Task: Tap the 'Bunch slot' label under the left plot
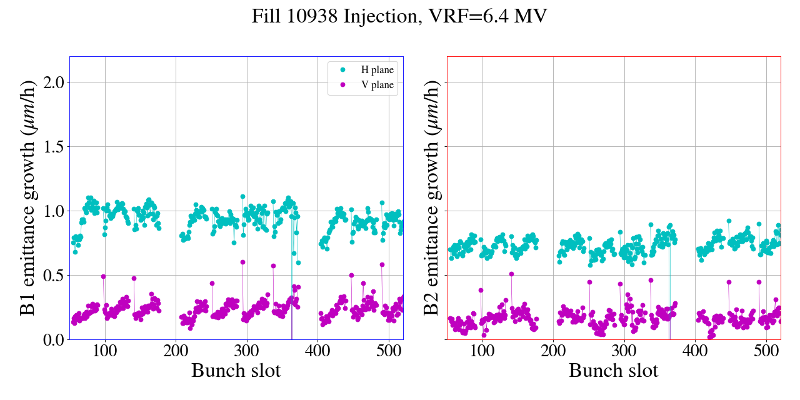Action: coord(236,371)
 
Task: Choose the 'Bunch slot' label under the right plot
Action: coord(614,371)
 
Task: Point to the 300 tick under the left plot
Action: coord(247,350)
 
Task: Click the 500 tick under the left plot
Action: coord(389,350)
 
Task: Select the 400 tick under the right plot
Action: coord(696,350)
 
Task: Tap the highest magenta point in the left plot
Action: coord(242,262)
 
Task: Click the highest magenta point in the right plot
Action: coord(511,274)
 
